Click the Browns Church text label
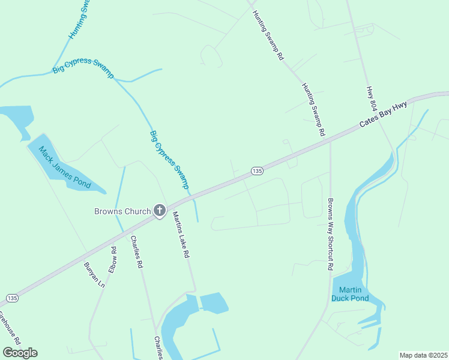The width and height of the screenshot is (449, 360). pos(122,211)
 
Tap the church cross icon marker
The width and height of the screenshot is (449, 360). pos(160,211)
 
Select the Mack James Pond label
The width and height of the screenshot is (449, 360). pos(64,167)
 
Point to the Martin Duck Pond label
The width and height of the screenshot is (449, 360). pos(350,294)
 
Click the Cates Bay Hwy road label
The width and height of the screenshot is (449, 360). pos(383,115)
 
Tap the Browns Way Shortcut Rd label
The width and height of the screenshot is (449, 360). pos(330,235)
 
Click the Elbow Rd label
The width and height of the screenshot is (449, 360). pos(113,257)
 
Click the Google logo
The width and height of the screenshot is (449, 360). pos(20,353)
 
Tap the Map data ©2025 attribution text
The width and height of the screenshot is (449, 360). pos(424,355)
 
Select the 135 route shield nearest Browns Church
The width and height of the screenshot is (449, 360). pos(257,172)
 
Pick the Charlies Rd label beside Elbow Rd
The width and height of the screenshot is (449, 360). pos(137,251)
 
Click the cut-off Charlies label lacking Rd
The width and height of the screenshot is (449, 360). pos(158,348)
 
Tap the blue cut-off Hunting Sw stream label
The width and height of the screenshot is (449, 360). pos(79,20)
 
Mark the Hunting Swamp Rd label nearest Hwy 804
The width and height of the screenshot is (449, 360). pos(313,109)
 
